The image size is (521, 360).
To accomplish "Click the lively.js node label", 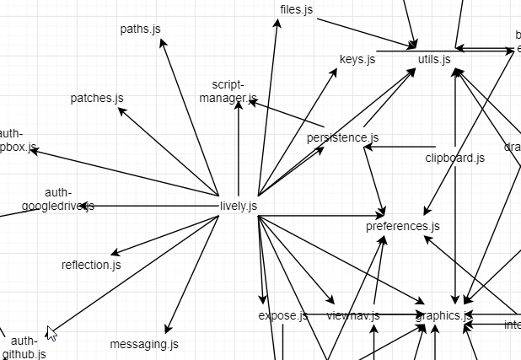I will (238, 206).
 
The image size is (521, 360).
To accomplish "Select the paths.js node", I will (140, 30).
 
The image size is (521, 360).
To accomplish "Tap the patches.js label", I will (97, 99).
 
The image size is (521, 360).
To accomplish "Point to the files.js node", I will (296, 10).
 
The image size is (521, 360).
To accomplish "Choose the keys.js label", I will (357, 60).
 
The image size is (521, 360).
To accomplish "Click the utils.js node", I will (434, 60).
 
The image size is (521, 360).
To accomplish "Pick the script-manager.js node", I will (228, 92).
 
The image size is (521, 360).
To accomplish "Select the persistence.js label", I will (342, 137).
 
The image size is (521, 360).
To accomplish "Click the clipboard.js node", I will (454, 158).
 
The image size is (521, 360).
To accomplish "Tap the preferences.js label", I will (402, 226).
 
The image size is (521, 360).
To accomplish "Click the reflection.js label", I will (91, 265).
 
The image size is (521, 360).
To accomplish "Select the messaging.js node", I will (144, 344).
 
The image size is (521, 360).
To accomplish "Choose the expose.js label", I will (282, 316).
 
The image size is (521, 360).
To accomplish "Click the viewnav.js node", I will (353, 316).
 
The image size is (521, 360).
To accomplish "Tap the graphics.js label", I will (443, 316).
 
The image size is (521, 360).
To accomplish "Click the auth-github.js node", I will (24, 347).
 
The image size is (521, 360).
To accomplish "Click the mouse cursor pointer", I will (51, 333).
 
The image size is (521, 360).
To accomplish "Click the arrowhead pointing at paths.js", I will (163, 43).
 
